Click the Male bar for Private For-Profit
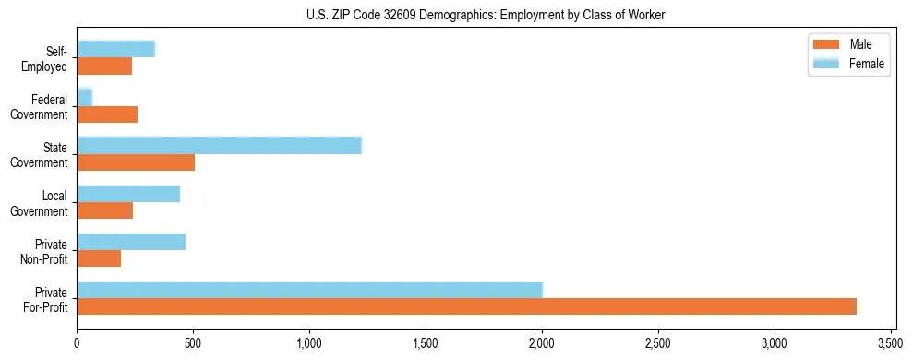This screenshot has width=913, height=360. pyautogui.click(x=466, y=307)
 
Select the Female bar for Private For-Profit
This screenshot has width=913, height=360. pyautogui.click(x=309, y=290)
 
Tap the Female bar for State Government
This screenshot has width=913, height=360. pyautogui.click(x=219, y=146)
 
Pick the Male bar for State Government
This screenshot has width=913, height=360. pyautogui.click(x=136, y=163)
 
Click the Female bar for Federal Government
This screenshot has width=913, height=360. pyautogui.click(x=84, y=97)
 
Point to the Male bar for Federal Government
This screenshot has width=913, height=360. pyautogui.click(x=107, y=114)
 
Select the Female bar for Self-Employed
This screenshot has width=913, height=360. pyautogui.click(x=115, y=49)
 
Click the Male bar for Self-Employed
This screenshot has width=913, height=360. pyautogui.click(x=104, y=66)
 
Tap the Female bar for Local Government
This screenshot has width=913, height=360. pyautogui.click(x=128, y=194)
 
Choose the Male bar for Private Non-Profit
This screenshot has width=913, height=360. pyautogui.click(x=99, y=259)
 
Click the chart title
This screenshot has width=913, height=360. pyautogui.click(x=485, y=15)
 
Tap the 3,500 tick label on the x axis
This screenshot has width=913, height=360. pyautogui.click(x=890, y=343)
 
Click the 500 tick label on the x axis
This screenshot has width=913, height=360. pyautogui.click(x=193, y=343)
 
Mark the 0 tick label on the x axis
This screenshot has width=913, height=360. pyautogui.click(x=77, y=343)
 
